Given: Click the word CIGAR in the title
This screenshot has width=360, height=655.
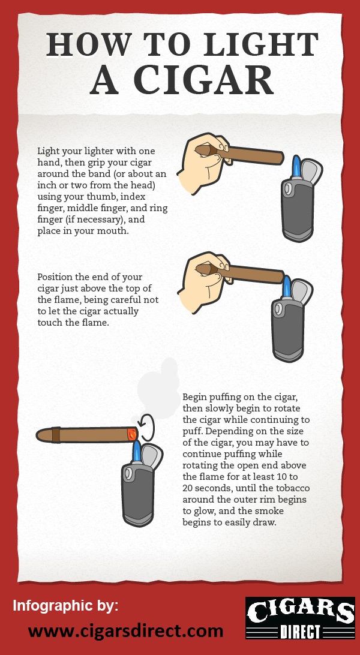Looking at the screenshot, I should point(203,80).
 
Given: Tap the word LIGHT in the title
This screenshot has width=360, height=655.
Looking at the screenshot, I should point(258,44).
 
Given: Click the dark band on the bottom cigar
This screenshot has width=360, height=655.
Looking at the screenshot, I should point(56,434).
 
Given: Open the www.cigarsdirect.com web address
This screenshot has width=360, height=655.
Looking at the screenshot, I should point(125,631).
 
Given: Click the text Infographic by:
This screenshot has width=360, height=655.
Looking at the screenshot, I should point(65,605).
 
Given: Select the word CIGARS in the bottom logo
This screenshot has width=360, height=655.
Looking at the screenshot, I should point(300,611).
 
